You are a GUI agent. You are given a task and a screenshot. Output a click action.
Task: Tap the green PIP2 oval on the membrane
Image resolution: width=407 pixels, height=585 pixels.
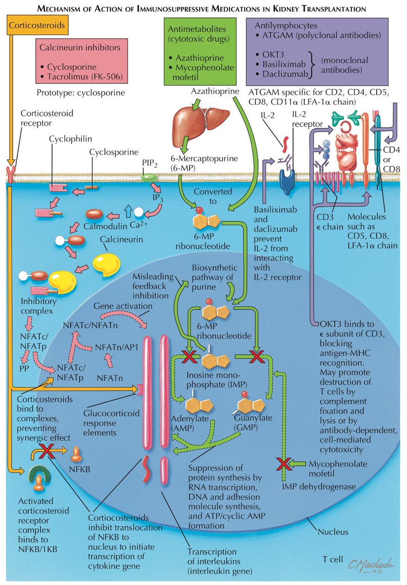pyautogui.click(x=147, y=176)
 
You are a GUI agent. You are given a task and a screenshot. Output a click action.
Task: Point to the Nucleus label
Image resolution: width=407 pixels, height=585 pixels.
pyautogui.click(x=333, y=532)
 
